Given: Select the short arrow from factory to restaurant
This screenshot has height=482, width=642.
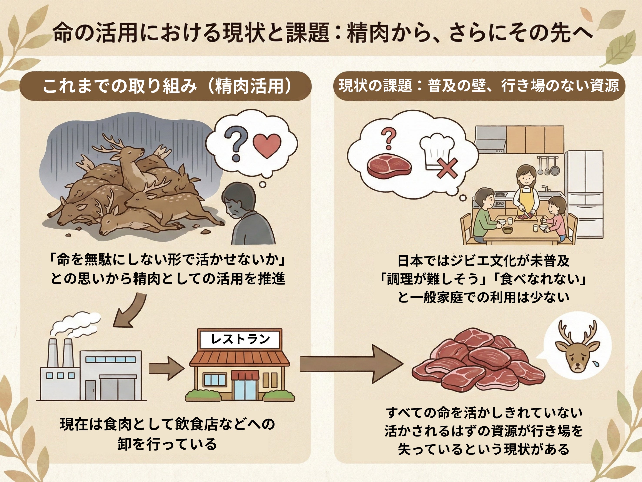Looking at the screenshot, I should tap(167, 369).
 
